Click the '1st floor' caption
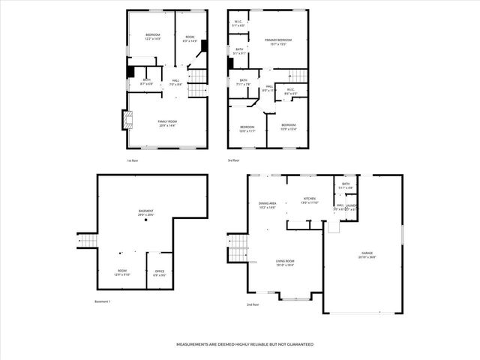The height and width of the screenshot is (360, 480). point(132,160)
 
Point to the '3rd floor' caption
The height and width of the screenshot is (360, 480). point(234,160)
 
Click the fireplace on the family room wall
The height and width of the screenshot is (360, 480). point(125,121)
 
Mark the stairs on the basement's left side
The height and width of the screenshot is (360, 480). point(87,240)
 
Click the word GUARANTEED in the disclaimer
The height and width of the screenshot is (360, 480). point(297,344)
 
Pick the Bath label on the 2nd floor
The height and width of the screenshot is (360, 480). point(346,185)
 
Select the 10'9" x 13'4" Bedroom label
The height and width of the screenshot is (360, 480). point(289,127)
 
